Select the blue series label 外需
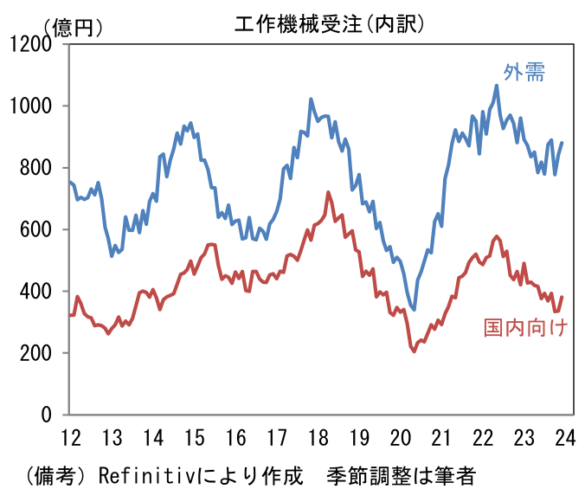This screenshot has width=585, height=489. pyautogui.click(x=524, y=73)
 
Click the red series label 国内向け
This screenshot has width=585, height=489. pyautogui.click(x=524, y=328)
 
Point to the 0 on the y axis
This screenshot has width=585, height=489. pyautogui.click(x=48, y=415)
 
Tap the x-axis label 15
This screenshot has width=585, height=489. pyautogui.click(x=195, y=435)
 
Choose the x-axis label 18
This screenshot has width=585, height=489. pyautogui.click(x=318, y=435)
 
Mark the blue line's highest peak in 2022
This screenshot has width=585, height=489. pyautogui.click(x=496, y=86)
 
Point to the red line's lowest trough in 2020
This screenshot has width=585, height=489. pyautogui.click(x=414, y=351)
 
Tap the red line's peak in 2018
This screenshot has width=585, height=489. pyautogui.click(x=328, y=192)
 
